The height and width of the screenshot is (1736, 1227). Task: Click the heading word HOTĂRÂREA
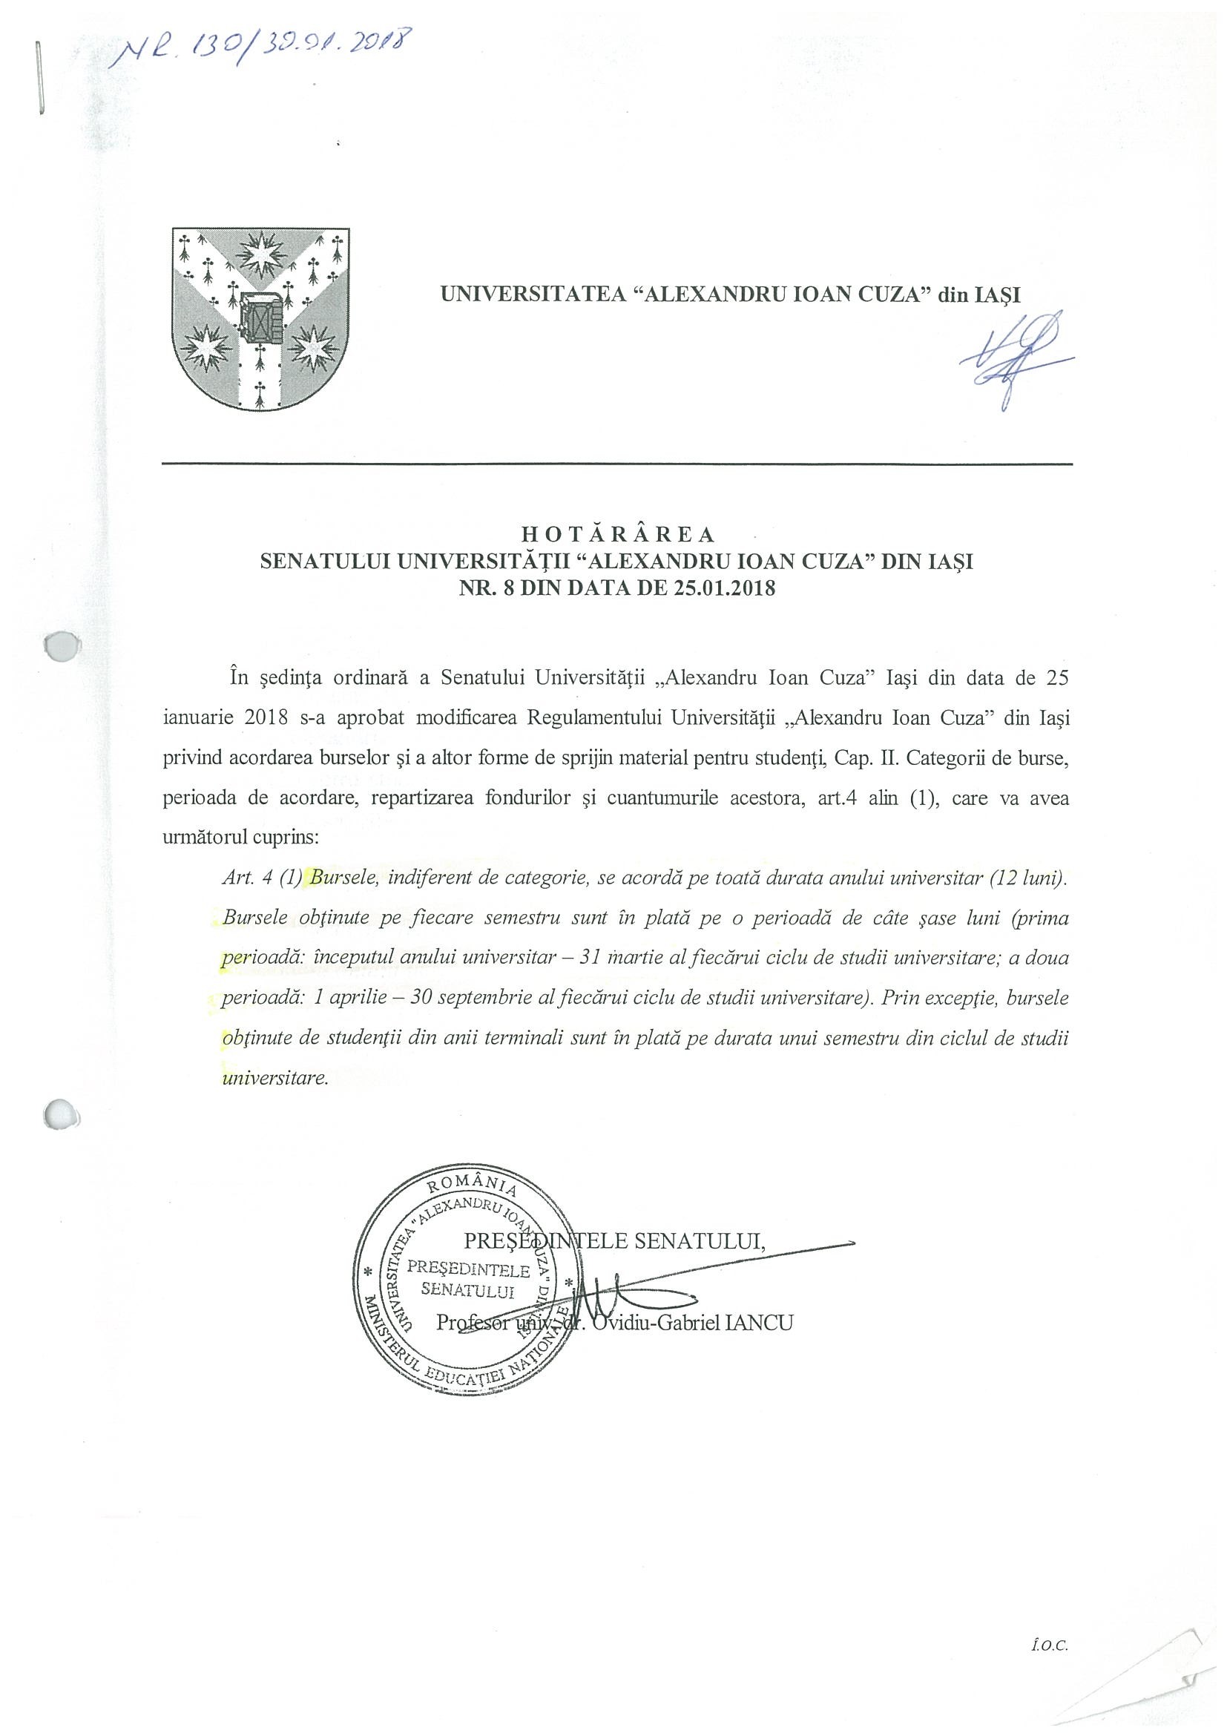[x=617, y=534]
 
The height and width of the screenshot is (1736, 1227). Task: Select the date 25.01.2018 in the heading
[x=722, y=588]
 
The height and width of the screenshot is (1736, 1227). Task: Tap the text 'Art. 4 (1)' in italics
[x=262, y=878]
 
